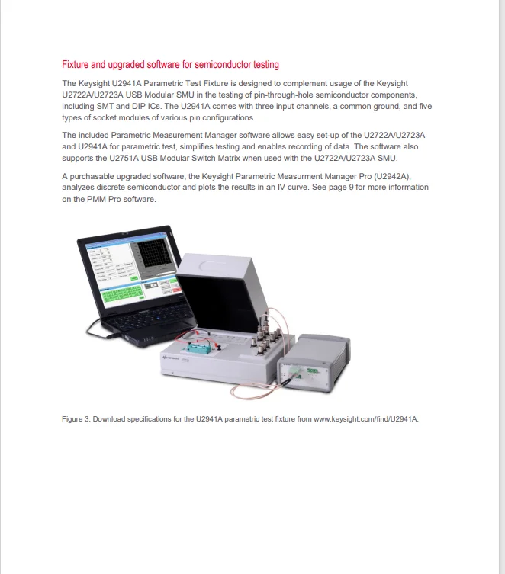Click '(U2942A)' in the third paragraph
coord(393,175)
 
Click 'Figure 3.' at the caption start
coord(76,419)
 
